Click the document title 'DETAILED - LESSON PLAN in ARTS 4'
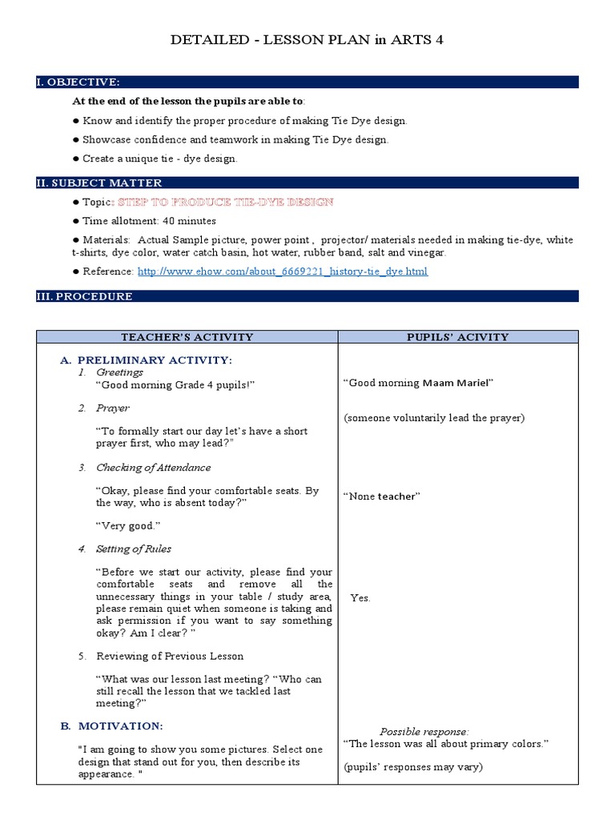click(x=307, y=41)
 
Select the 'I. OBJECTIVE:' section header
click(x=78, y=82)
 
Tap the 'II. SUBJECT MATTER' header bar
click(x=99, y=183)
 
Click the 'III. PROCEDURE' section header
click(x=84, y=296)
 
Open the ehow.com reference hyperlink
click(x=283, y=271)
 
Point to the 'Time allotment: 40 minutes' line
click(x=149, y=221)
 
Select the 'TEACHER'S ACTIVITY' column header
click(x=187, y=337)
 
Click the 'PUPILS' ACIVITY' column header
click(x=457, y=337)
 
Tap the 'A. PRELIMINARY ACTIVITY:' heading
click(x=147, y=360)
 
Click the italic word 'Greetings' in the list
click(x=120, y=372)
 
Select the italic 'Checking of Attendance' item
click(x=154, y=468)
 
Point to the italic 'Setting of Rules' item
click(x=134, y=549)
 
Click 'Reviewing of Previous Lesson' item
click(x=170, y=656)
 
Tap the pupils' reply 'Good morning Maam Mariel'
click(x=418, y=383)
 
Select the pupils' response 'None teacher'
click(x=382, y=496)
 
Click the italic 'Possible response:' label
click(x=424, y=731)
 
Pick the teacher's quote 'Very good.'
click(x=128, y=525)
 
